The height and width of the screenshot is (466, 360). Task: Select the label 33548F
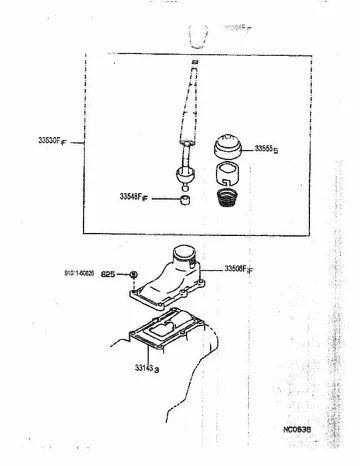pyautogui.click(x=133, y=199)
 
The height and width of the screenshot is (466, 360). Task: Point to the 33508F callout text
pyautogui.click(x=239, y=269)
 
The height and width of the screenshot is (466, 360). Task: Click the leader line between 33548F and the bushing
pyautogui.click(x=163, y=199)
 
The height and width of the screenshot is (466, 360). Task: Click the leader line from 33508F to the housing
pyautogui.click(x=212, y=269)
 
